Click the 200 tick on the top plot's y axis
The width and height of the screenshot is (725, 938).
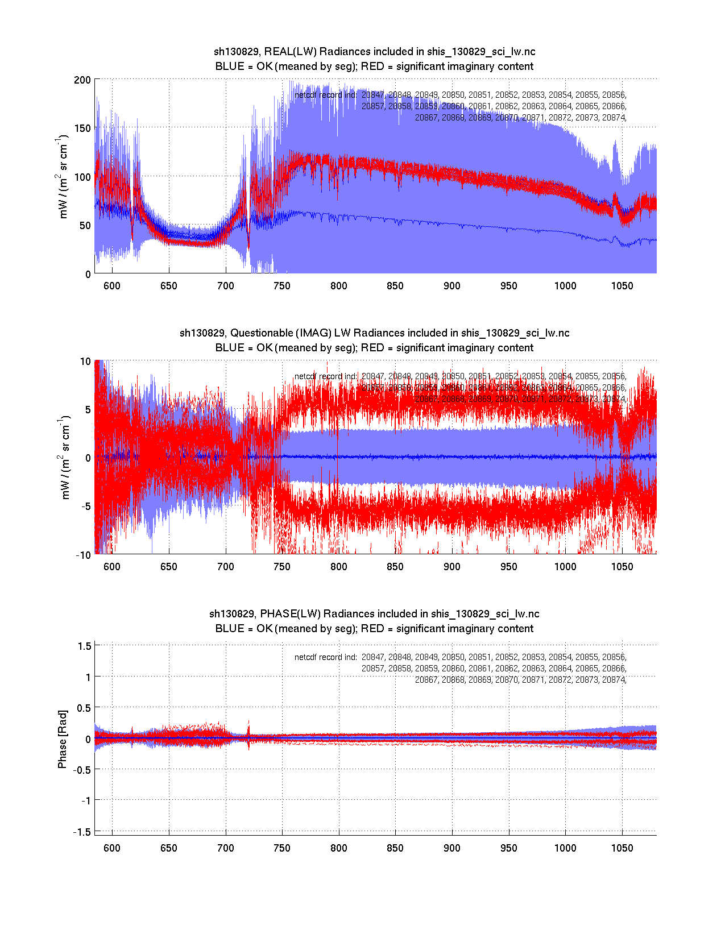click(82, 80)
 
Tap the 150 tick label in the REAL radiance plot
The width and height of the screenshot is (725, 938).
click(82, 128)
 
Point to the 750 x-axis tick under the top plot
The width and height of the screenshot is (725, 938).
click(282, 286)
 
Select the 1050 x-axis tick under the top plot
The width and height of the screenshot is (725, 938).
click(622, 286)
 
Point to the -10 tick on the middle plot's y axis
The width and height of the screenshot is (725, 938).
click(83, 555)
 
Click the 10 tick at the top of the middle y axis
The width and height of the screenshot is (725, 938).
click(85, 362)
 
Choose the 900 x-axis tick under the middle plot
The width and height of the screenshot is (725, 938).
click(452, 567)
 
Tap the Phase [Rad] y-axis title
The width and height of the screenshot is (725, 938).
click(63, 739)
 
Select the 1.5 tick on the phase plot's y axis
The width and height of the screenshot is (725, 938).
click(85, 646)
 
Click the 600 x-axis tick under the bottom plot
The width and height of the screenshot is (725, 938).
click(112, 848)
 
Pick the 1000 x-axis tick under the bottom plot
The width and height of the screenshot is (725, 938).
click(565, 848)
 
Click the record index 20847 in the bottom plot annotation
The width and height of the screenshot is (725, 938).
click(373, 657)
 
